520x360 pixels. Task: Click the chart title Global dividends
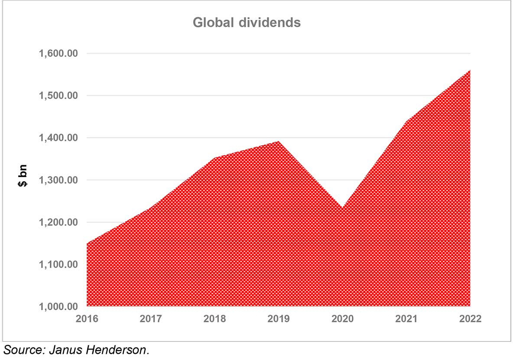click(x=247, y=23)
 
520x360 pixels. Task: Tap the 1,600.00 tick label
click(x=58, y=53)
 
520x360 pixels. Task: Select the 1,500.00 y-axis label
click(x=58, y=95)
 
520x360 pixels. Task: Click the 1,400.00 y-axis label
click(x=58, y=138)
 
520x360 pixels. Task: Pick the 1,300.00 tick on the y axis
click(x=58, y=180)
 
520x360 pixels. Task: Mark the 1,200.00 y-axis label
click(x=58, y=222)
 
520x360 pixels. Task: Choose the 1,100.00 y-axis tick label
click(x=58, y=264)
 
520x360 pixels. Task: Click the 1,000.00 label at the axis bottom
click(x=58, y=306)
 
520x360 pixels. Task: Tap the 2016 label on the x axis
click(x=87, y=319)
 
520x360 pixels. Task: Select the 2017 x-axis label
click(x=151, y=319)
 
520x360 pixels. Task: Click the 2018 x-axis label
click(x=215, y=319)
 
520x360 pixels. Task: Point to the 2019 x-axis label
click(x=279, y=319)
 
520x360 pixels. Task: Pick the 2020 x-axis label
click(x=343, y=319)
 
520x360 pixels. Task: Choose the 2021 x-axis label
click(x=406, y=319)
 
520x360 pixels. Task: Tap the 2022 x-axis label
click(x=470, y=319)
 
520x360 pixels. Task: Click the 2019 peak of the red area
click(x=279, y=141)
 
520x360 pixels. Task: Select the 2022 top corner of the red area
click(x=470, y=70)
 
